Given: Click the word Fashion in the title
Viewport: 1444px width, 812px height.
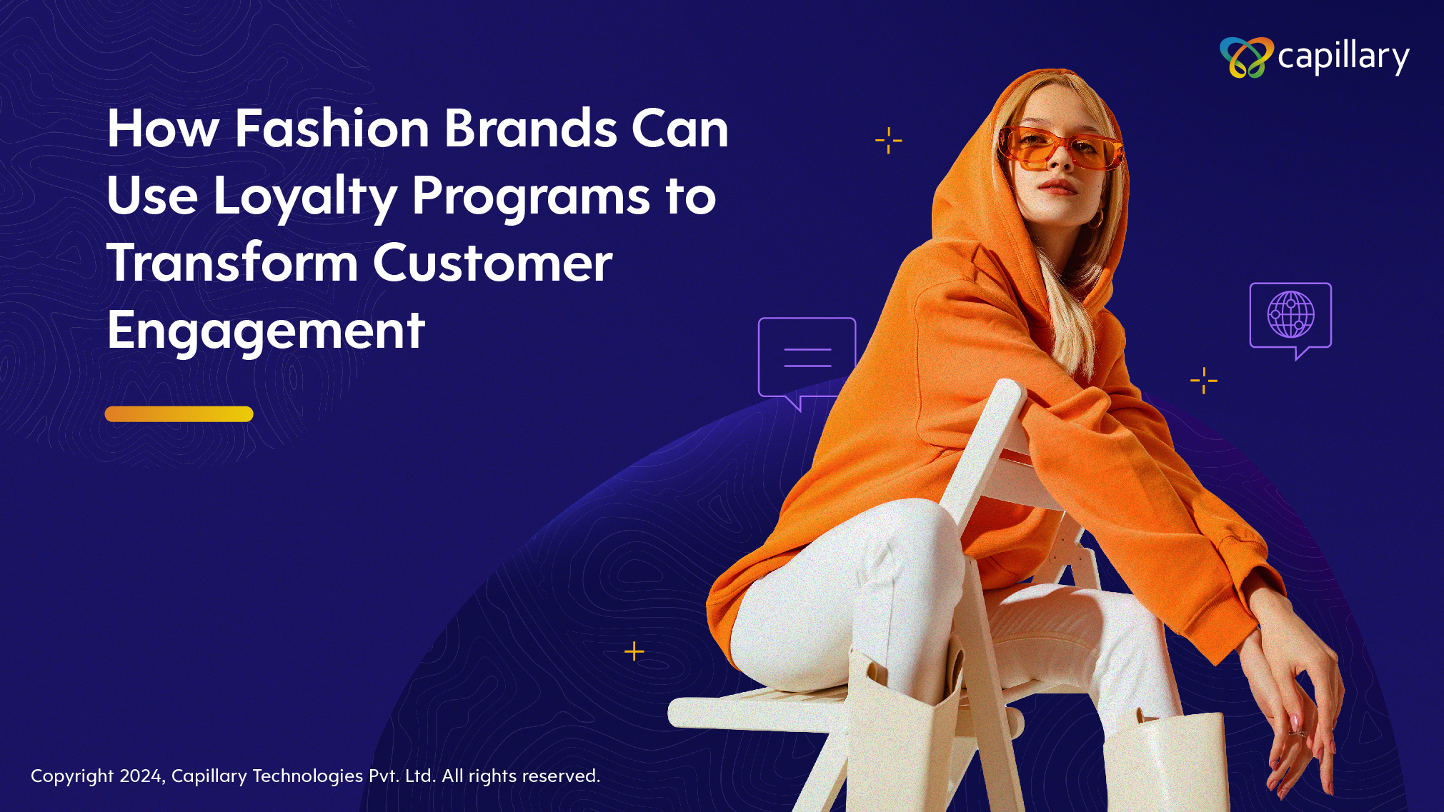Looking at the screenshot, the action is coord(332,129).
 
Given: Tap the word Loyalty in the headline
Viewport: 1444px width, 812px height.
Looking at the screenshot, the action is coord(305,196).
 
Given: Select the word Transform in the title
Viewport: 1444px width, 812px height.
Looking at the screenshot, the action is coord(232,263).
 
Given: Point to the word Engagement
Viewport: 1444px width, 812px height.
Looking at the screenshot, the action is coord(266,331).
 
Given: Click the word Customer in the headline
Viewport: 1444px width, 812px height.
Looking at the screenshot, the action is coord(492,263).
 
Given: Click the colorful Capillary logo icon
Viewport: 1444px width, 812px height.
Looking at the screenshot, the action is coord(1246,57).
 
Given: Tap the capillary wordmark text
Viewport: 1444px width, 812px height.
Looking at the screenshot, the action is coord(1343,57).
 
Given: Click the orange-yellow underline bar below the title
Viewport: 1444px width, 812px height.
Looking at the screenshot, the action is coord(179,414).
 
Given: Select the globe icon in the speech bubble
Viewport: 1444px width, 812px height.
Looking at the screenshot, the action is coord(1290,314).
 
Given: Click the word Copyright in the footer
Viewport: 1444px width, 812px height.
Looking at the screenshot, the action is coord(72,776).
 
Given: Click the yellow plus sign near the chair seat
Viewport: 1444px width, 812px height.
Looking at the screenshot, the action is coord(634,651).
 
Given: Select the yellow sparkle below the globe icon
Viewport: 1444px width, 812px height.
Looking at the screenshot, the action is coord(1204,381).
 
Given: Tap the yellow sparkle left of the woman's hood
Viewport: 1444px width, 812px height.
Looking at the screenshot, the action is coord(889,141).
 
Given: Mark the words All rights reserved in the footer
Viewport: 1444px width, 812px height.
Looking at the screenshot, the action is coord(521,776).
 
